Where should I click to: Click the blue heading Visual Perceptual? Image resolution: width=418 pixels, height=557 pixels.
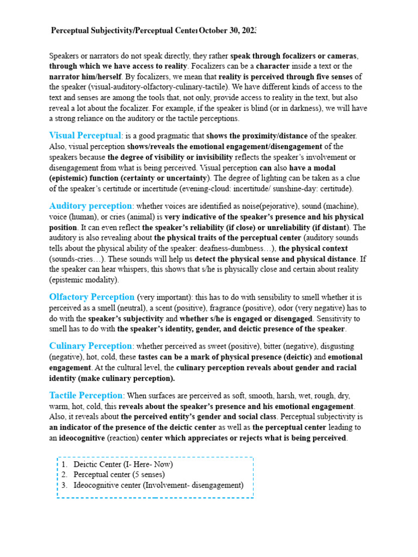[x=84, y=135]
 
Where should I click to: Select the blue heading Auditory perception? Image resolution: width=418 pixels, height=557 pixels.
[x=90, y=206]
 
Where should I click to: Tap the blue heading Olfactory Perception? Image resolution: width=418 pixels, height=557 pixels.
[x=91, y=297]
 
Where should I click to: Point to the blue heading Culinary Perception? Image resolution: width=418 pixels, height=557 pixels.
[x=90, y=346]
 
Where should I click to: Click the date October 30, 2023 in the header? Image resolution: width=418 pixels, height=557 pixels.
[x=227, y=30]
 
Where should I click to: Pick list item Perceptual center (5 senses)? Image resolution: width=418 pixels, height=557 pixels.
[x=119, y=475]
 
